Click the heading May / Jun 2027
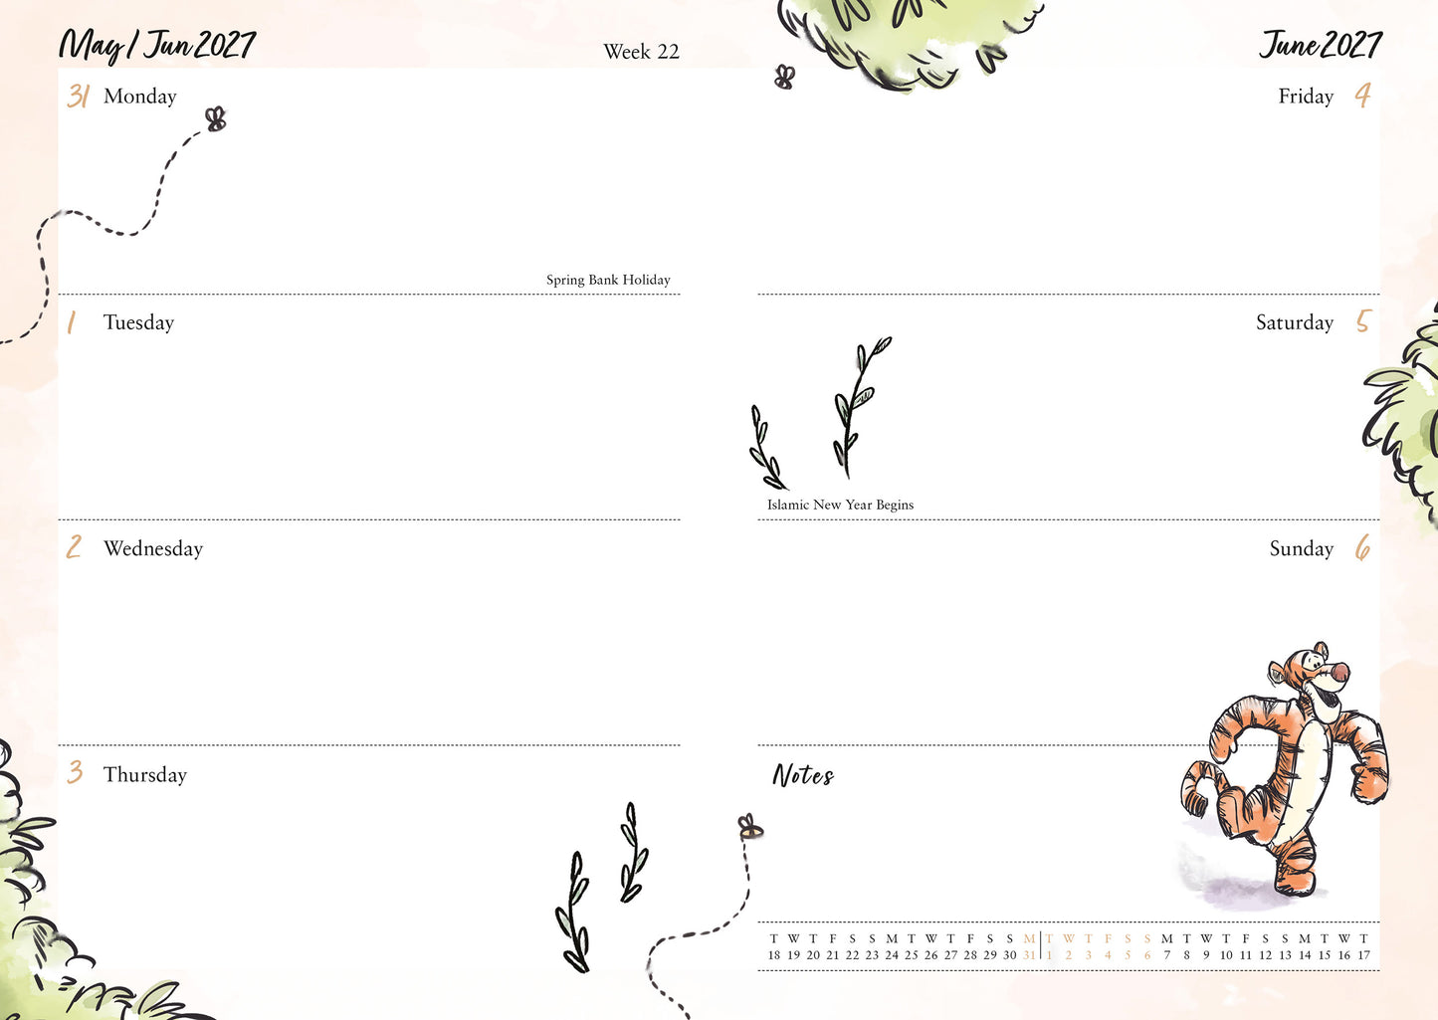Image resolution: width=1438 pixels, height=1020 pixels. pos(157,46)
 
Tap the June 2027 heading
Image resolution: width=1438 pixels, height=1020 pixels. pos(1320,45)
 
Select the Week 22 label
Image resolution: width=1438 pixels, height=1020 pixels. pos(641,52)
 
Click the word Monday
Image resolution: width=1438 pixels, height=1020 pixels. pos(140,97)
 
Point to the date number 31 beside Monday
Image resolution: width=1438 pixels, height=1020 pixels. pos(79,97)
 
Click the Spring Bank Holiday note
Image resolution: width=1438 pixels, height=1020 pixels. pos(608,280)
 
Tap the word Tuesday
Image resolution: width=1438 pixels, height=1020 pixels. pos(138,322)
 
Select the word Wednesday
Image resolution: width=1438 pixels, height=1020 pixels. pos(153,548)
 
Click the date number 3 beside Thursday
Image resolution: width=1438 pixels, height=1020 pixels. pos(75,772)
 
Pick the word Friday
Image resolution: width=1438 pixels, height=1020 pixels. pos(1306,97)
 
